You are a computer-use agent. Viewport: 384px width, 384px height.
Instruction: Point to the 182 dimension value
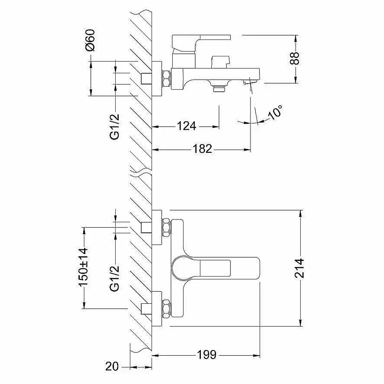[x=202, y=149]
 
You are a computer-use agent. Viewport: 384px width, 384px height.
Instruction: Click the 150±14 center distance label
[x=83, y=266]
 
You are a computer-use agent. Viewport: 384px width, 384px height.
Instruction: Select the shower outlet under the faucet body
[x=219, y=88]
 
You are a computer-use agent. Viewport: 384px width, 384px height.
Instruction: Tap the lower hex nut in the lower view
[x=166, y=308]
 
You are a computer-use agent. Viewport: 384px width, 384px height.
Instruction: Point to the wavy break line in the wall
[x=141, y=173]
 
